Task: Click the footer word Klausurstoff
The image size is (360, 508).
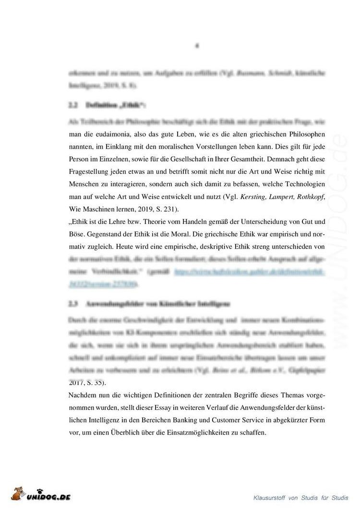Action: [270, 497]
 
